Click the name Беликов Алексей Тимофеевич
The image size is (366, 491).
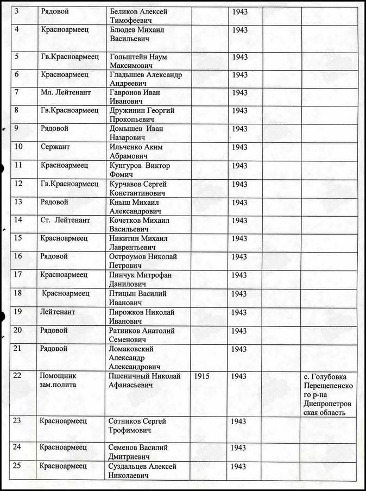(138, 16)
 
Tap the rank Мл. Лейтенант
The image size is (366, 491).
(65, 93)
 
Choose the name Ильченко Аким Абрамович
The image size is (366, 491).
(136, 152)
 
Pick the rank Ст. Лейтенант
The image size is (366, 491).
(65, 220)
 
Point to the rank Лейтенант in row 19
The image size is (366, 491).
(58, 312)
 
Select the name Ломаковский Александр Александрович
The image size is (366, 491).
(136, 357)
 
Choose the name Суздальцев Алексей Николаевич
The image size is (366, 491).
(143, 471)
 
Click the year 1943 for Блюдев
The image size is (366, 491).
(239, 29)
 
